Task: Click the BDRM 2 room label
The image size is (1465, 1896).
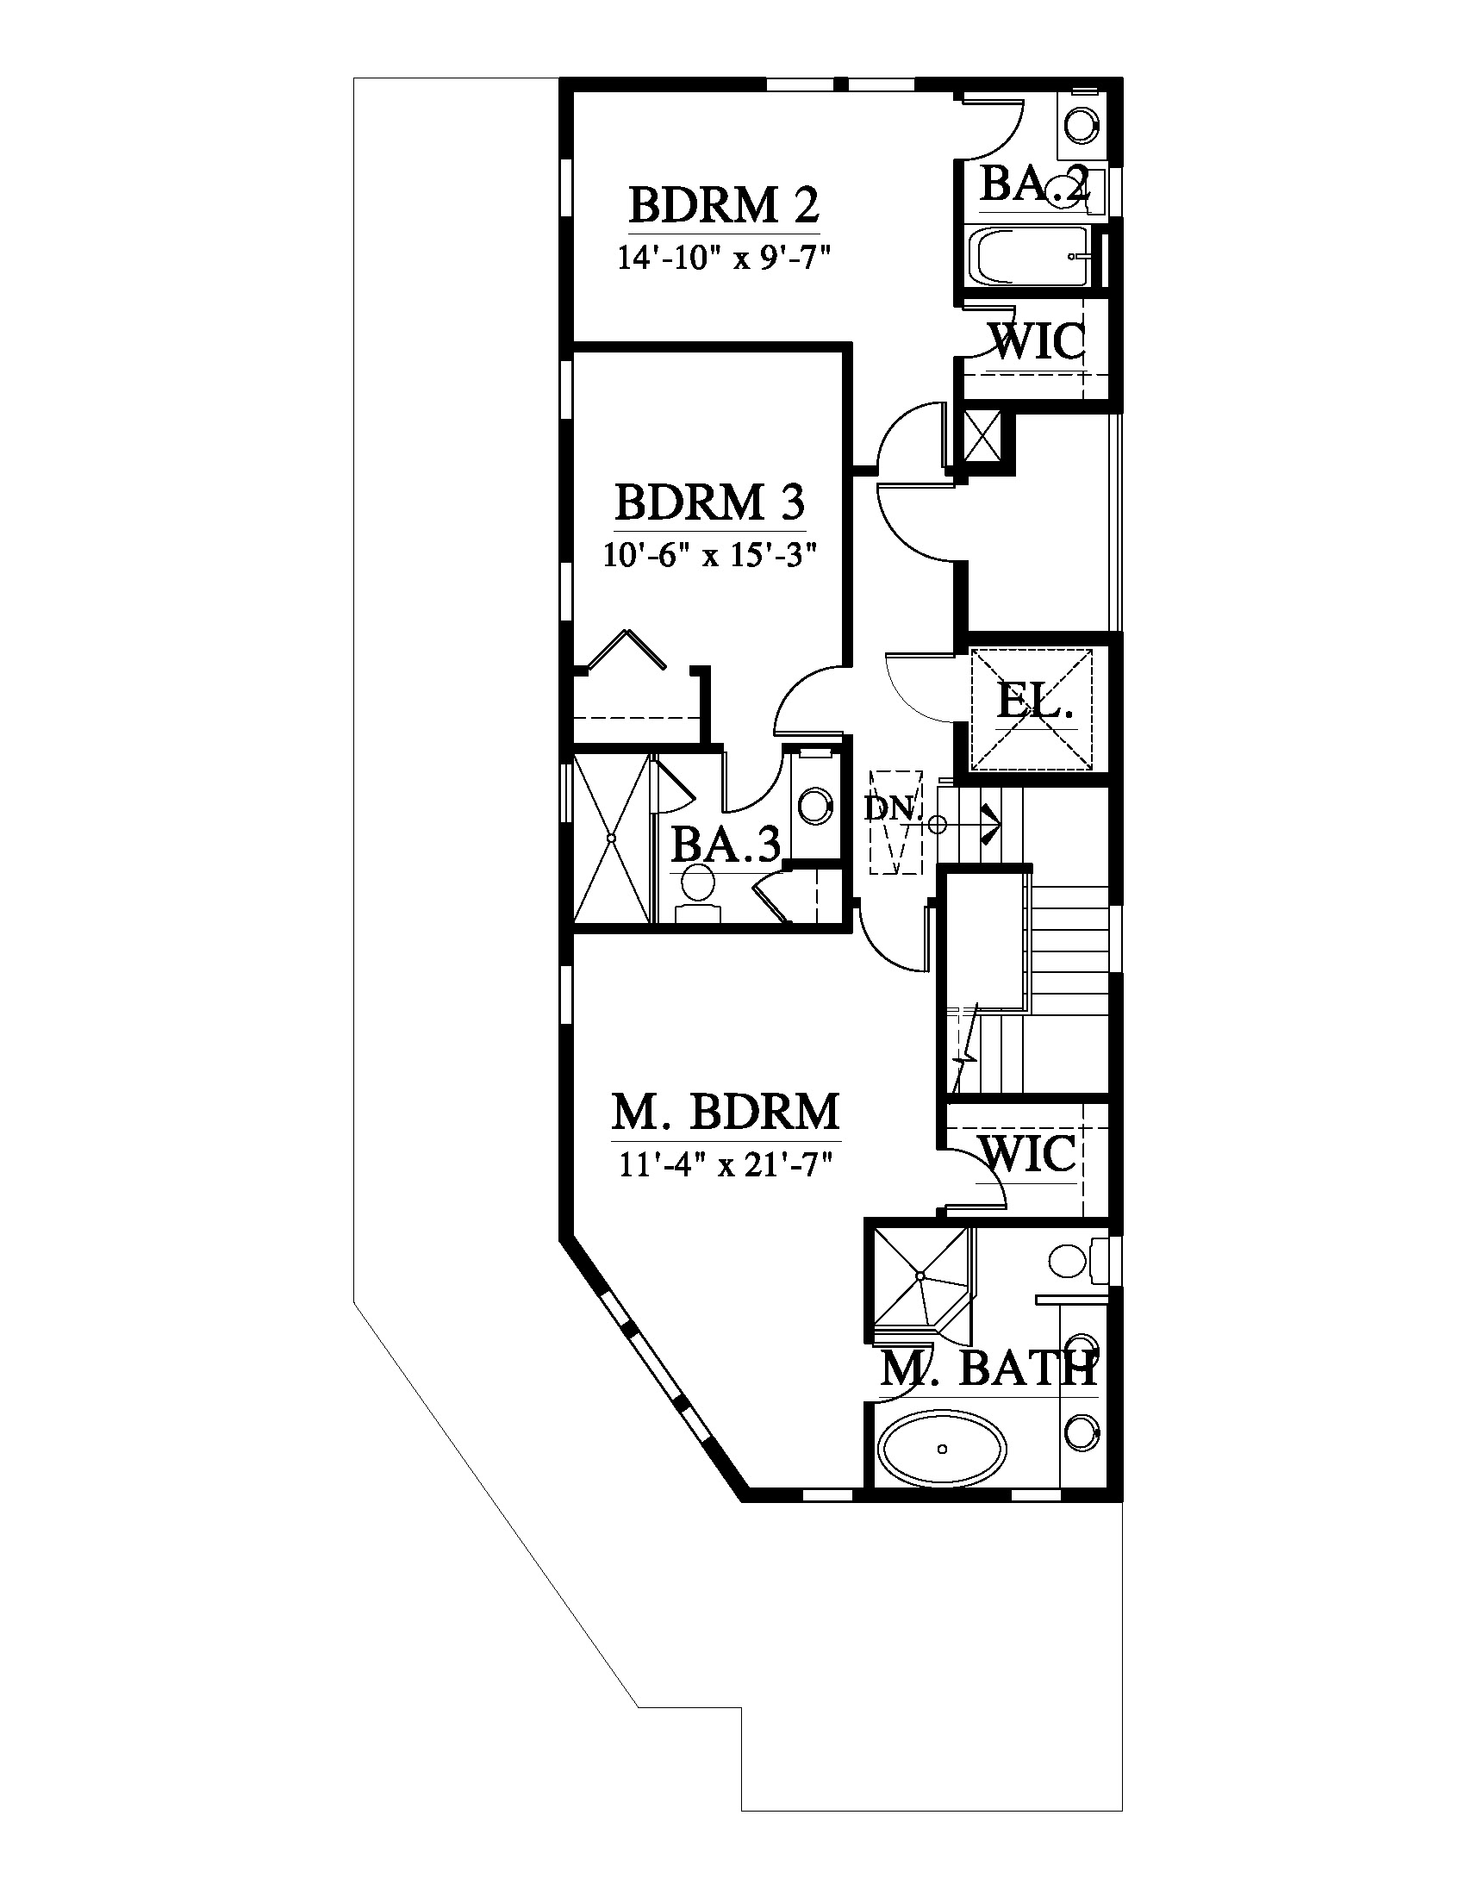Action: coord(723,206)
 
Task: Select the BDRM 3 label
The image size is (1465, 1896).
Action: coord(710,502)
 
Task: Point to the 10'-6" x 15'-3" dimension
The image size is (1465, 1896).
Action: coord(711,554)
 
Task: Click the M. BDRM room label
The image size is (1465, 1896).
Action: coord(726,1111)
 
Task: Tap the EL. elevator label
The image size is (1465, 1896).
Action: coord(1035,702)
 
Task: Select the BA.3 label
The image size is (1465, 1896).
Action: coord(726,844)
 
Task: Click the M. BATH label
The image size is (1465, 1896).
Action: coord(988,1370)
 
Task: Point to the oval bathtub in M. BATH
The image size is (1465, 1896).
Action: coord(943,1448)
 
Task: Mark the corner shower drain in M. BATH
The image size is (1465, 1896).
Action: coord(920,1275)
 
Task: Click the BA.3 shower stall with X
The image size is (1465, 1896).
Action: coord(611,839)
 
